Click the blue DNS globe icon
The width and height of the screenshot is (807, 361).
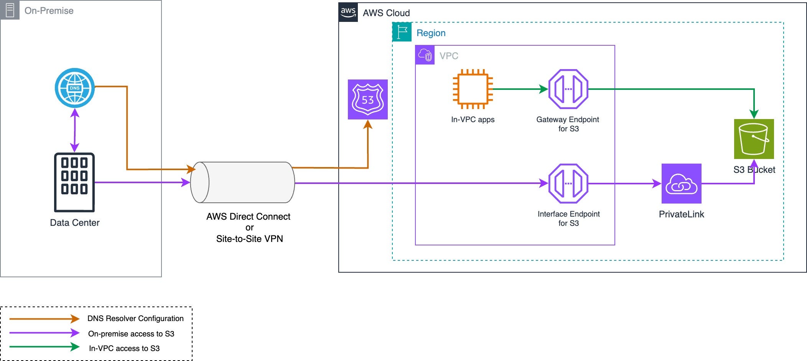[x=75, y=88]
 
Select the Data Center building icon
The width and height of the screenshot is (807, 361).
[x=74, y=182]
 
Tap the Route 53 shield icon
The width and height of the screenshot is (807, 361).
[x=368, y=99]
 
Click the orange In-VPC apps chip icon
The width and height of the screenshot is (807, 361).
[x=473, y=89]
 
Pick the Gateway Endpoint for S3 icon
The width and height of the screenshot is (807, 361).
[x=568, y=89]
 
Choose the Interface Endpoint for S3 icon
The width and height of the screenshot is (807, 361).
[x=568, y=184]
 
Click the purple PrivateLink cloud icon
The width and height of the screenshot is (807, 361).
[x=682, y=184]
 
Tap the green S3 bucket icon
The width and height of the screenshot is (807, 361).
[x=754, y=139]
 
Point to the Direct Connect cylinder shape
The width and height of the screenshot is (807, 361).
[x=242, y=182]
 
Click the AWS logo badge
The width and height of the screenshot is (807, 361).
[x=348, y=12]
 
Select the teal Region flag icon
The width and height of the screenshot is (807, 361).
[x=402, y=32]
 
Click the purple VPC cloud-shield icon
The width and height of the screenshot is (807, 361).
[x=425, y=55]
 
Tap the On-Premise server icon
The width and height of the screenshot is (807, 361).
[x=10, y=10]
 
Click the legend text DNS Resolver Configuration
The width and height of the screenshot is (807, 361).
[x=135, y=318]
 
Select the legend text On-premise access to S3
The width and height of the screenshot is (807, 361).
[x=131, y=334]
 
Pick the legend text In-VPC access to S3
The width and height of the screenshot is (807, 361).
[x=124, y=348]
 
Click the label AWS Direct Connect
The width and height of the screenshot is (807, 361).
[x=248, y=217]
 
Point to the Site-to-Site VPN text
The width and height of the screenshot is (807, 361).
[x=250, y=239]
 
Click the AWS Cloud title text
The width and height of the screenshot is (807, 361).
[x=386, y=13]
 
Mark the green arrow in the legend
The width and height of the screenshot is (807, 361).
[x=44, y=347]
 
